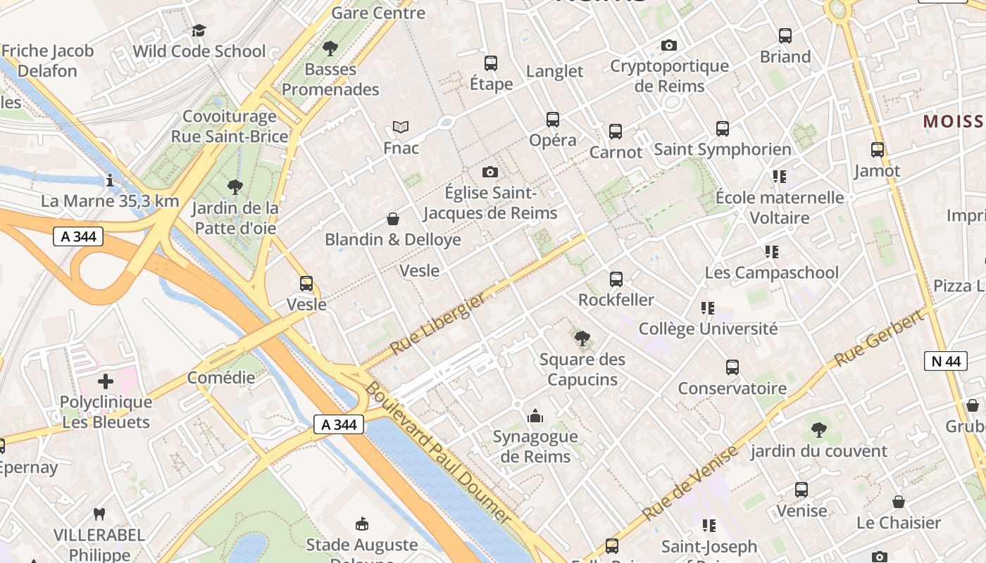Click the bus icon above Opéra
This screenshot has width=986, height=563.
pos(553,120)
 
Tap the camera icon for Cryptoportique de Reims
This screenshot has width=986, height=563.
pos(669,46)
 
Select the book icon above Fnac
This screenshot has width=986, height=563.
pos(401,127)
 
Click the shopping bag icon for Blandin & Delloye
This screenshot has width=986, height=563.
pos(393,220)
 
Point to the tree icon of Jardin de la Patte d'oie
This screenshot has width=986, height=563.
pos(235,187)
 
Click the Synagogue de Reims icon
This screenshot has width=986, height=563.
pos(535,417)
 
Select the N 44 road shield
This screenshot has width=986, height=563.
pos(945,361)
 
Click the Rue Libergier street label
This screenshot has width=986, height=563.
pos(437,324)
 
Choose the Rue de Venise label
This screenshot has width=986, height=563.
pos(689,483)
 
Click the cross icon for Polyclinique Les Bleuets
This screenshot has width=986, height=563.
pos(106,381)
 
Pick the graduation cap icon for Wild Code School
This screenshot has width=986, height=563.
pos(199,30)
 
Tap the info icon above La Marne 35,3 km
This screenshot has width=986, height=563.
pos(109,181)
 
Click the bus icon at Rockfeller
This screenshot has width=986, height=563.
pos(616,279)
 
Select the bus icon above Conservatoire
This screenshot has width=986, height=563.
pos(732,367)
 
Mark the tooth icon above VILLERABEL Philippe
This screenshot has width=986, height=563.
pos(99,514)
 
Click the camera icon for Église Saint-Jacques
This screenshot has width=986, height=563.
pos(490,172)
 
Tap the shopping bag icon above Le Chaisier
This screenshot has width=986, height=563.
pos(899,502)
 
